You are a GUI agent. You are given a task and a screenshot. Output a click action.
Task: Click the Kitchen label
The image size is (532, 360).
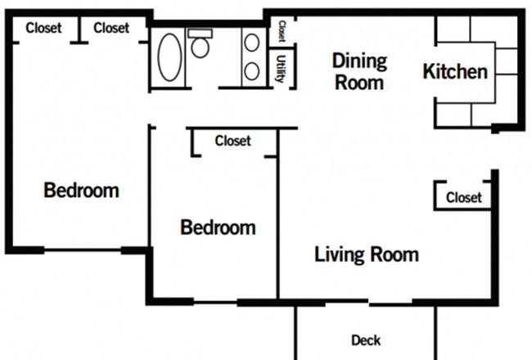[455, 72]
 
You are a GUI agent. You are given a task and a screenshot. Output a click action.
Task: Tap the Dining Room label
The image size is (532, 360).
[359, 72]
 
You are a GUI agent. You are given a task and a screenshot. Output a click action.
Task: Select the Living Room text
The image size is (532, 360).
[367, 254]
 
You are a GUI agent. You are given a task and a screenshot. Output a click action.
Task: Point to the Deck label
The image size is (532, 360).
[366, 340]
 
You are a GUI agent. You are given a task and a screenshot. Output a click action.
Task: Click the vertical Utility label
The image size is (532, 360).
[280, 69]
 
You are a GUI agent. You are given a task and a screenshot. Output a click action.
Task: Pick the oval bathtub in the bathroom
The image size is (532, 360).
[169, 57]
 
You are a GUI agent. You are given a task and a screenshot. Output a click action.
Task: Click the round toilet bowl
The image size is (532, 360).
[200, 47]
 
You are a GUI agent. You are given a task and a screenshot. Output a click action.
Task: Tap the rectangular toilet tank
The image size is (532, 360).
[201, 34]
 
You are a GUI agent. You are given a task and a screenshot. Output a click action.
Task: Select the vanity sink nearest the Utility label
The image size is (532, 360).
[252, 71]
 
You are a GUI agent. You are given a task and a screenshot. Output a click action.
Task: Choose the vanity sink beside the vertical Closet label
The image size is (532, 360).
[252, 43]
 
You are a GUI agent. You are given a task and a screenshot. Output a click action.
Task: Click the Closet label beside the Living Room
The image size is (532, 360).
[464, 197]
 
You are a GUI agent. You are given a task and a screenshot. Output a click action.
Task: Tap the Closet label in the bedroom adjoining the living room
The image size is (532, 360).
[232, 141]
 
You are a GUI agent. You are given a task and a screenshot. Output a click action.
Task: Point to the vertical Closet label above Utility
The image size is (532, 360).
[282, 31]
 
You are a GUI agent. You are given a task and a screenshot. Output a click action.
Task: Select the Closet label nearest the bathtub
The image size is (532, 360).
[111, 28]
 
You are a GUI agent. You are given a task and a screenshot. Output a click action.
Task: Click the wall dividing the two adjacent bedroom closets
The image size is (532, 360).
[79, 29]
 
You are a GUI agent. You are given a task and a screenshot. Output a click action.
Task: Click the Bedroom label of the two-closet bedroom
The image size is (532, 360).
[81, 191]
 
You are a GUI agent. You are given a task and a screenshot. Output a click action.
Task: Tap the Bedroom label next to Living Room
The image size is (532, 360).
[218, 227]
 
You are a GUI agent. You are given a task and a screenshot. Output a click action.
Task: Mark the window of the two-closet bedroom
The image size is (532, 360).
[83, 250]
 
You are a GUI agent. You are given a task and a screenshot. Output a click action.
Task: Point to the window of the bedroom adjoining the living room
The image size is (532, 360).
[215, 302]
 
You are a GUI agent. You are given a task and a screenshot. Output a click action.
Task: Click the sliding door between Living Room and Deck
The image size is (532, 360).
[369, 302]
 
